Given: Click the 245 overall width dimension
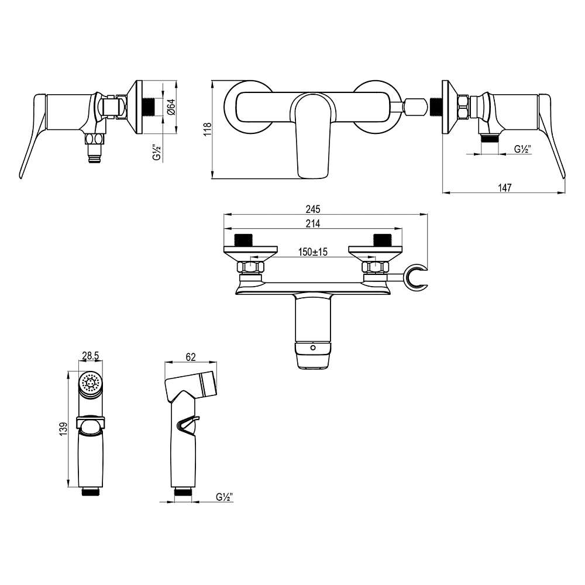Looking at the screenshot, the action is click(x=312, y=209).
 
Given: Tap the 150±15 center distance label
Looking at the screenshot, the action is click(x=312, y=252).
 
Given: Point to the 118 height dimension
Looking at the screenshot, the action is click(x=208, y=129).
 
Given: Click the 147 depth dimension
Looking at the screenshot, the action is click(x=504, y=187).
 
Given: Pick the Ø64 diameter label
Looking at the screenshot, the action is click(x=171, y=106).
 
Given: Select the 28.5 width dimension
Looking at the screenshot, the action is click(x=90, y=356).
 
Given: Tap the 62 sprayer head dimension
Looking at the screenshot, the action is click(x=190, y=357).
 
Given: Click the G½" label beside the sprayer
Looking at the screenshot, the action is click(x=224, y=497).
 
